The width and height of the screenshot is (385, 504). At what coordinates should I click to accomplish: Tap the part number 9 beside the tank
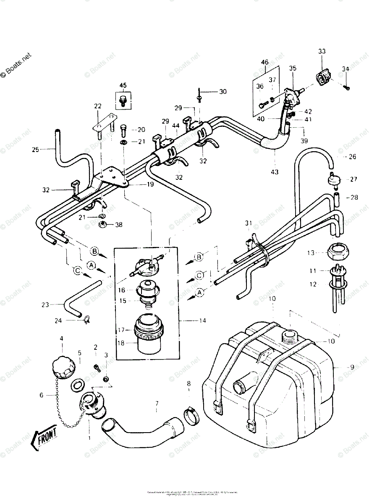pos(352,367)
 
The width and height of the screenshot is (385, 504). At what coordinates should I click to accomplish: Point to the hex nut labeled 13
pos(338,253)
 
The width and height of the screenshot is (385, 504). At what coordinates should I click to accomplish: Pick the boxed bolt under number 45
pos(123,101)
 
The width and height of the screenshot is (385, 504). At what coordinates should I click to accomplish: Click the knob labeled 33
pos(324,78)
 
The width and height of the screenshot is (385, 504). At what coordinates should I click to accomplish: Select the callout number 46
pos(265,63)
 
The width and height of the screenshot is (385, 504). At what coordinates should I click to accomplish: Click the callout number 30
pos(223,92)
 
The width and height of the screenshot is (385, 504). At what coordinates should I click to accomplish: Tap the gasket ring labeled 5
pos(77,384)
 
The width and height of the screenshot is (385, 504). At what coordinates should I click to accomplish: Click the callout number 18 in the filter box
pos(122,343)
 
